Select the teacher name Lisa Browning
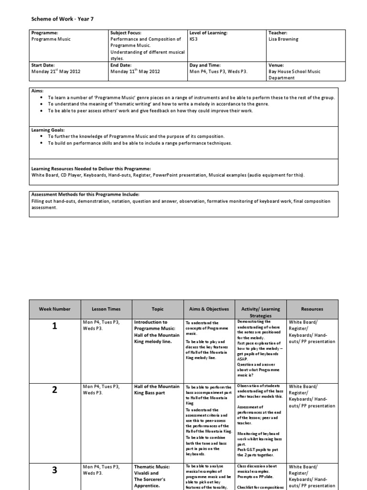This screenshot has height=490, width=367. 283,39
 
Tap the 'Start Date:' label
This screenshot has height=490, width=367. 43,65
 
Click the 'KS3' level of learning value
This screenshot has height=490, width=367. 193,39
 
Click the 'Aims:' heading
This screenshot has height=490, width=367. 37,90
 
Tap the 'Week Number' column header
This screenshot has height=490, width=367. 54,309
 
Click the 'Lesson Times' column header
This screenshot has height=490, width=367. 107,309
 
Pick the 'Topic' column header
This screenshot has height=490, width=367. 157,309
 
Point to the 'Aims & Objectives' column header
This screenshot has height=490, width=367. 209,309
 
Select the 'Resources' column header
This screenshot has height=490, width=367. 312,309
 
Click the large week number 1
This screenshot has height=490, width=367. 54,326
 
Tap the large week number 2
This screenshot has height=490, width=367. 54,390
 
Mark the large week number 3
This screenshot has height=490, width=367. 54,470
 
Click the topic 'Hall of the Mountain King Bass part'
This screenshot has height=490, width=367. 157,390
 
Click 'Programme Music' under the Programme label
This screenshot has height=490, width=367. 50,39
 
